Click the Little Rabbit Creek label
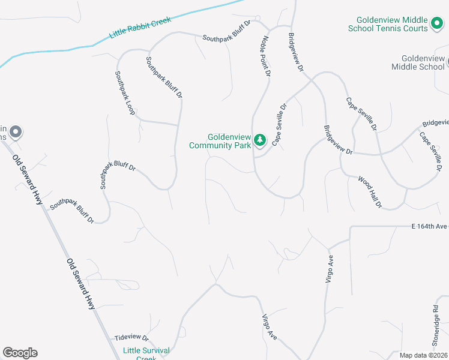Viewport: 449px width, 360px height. click(x=140, y=28)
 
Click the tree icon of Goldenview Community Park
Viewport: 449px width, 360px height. click(x=259, y=140)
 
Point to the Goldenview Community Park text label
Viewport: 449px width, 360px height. click(x=219, y=141)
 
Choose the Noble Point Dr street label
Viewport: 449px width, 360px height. click(x=265, y=57)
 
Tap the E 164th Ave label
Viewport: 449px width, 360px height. click(x=430, y=226)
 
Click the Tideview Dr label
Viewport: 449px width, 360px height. click(x=131, y=338)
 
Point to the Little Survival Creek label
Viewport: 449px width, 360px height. click(x=146, y=354)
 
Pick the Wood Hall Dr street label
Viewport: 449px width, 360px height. click(x=370, y=191)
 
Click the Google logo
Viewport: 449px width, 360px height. click(x=20, y=353)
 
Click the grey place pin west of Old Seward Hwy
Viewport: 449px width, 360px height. click(x=16, y=131)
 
